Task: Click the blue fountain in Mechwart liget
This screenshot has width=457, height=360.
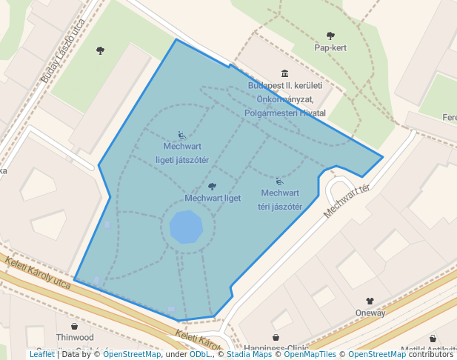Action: [x=185, y=227]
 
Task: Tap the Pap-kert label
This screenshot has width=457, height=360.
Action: [x=330, y=48]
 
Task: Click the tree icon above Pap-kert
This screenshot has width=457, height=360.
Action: [x=330, y=36]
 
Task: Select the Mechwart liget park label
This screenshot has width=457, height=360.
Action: [x=213, y=199]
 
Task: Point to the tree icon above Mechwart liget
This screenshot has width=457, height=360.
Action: [x=213, y=187]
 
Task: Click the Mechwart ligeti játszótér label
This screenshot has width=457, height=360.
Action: [x=182, y=153]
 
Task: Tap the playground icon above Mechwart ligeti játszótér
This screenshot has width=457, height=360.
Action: [x=182, y=136]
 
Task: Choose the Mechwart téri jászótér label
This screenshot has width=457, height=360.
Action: [x=280, y=200]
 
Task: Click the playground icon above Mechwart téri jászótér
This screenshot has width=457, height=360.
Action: [x=279, y=181]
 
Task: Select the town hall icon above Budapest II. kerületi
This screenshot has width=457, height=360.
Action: [x=285, y=73]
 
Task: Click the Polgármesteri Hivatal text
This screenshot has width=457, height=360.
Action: [x=285, y=113]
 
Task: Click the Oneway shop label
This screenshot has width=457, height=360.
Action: [x=370, y=313]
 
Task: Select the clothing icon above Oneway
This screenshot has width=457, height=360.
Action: [x=370, y=301]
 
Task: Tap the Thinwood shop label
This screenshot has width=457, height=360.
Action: [x=75, y=337]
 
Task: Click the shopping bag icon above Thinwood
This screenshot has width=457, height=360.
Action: [x=75, y=326]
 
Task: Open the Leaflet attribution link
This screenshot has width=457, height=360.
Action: [x=42, y=354]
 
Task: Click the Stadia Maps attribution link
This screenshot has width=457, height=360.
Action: [x=249, y=354]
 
